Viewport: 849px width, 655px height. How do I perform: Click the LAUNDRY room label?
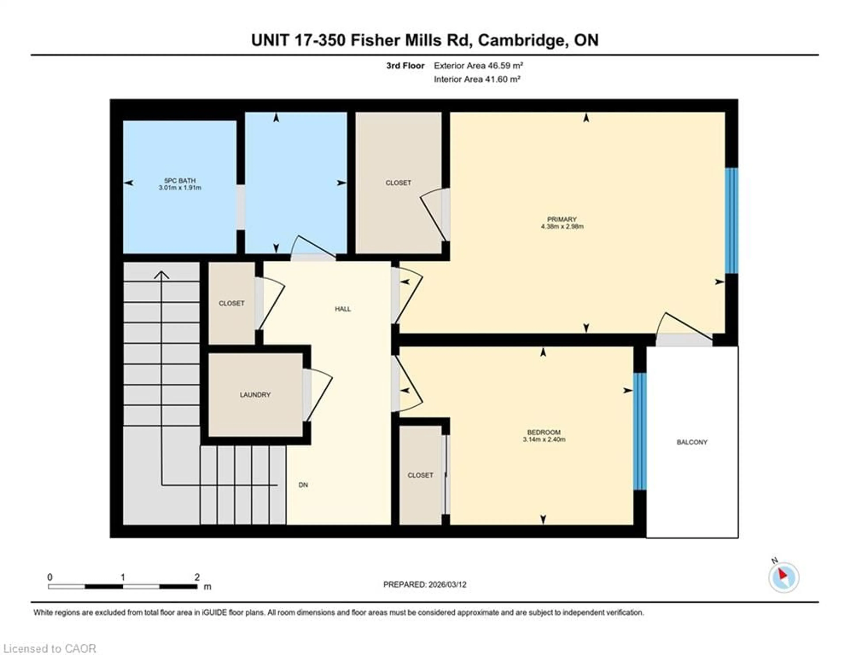tap(255, 395)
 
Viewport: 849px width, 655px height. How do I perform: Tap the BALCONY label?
tap(692, 442)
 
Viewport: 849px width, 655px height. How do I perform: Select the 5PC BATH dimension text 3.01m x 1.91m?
tap(180, 188)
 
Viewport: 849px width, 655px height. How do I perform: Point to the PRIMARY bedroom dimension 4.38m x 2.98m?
tap(562, 227)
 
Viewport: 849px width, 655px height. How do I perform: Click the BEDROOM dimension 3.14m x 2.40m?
tap(544, 440)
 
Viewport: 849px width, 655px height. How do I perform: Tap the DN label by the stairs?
tap(303, 485)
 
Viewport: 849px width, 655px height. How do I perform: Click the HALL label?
tap(343, 309)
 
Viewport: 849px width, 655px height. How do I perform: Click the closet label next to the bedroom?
tap(420, 475)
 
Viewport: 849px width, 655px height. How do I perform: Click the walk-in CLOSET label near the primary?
tap(398, 183)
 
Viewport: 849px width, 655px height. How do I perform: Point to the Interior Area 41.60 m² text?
tap(477, 79)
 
